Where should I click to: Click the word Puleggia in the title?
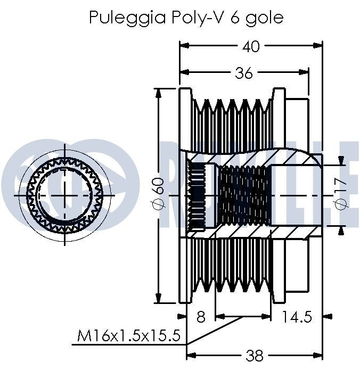point(127,18)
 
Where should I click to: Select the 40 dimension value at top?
point(251,46)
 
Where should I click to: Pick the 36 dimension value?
point(244,73)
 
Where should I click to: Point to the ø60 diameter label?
point(158,193)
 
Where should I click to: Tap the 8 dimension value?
point(201,317)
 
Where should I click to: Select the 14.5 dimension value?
point(297,317)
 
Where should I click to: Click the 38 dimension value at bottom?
point(254,356)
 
